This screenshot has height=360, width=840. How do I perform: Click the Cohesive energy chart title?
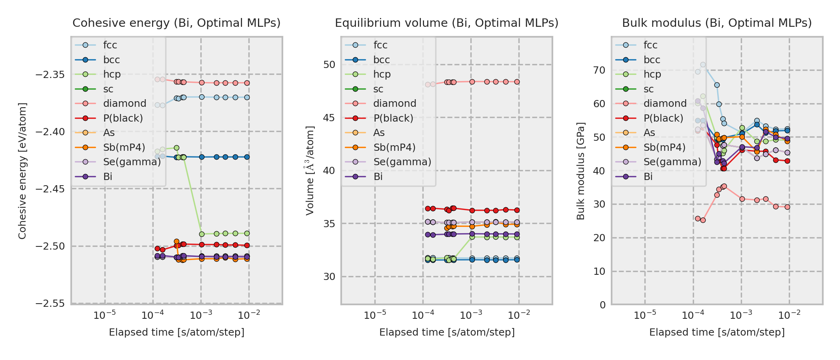pos(176,23)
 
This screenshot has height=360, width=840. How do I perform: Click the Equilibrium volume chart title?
pos(446,23)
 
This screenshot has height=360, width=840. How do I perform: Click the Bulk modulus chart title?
pos(717,23)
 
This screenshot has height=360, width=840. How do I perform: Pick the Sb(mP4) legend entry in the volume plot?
pos(394,147)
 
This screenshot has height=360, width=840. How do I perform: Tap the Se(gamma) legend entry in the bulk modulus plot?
pos(672,162)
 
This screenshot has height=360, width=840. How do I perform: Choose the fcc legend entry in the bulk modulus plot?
pos(650,45)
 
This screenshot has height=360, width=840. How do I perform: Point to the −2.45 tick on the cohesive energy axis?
pos(50,189)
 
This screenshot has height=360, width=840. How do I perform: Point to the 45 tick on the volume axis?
pos(329,118)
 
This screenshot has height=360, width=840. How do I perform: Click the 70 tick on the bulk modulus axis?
pos(599,70)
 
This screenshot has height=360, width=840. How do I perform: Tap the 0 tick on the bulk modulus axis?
pos(602,305)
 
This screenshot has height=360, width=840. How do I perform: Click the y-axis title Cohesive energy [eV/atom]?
pos(22,171)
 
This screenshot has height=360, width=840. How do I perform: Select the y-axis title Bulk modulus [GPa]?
pos(580,171)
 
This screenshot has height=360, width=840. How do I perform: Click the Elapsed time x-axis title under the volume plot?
pos(447,332)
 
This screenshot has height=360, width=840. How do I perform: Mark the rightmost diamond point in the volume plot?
pos(517,82)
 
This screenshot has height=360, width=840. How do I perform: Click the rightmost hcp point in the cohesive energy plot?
pos(247,233)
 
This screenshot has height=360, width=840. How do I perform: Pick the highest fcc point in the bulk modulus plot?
pos(703,64)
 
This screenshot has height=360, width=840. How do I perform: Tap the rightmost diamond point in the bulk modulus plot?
pos(787,207)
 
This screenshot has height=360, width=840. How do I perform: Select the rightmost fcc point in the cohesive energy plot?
pos(247,97)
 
